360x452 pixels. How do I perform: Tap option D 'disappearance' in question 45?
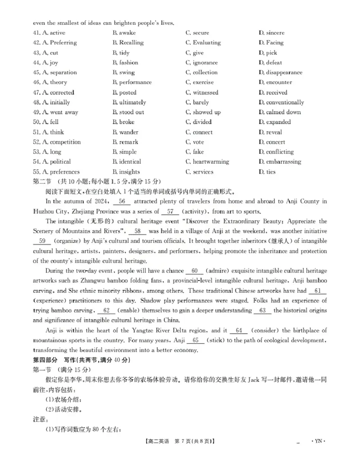tap(280, 72)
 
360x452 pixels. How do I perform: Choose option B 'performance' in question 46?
tap(131, 82)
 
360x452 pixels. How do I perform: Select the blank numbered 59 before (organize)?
tap(43, 241)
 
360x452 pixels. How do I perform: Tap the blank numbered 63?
tap(263, 311)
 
